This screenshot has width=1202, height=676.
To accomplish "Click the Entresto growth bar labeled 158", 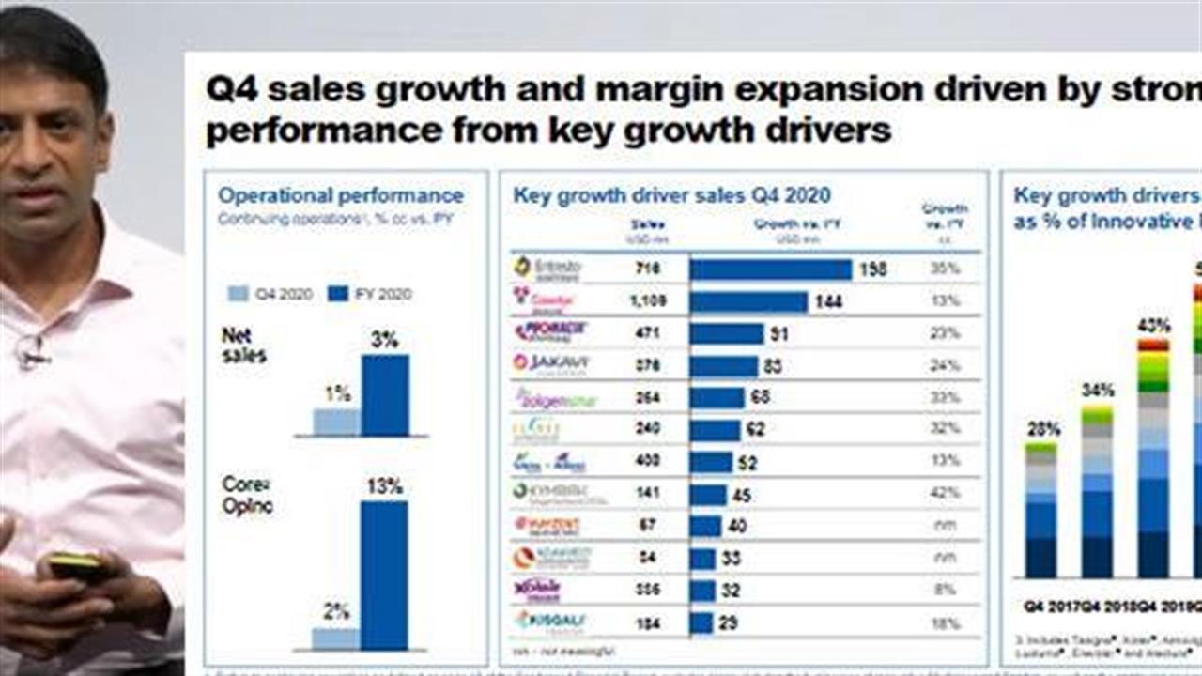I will point(770,269).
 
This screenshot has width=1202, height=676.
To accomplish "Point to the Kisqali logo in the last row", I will point(549,621).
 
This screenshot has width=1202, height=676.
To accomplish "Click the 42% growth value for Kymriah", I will point(946,492).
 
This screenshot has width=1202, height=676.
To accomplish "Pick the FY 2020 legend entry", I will point(370,294).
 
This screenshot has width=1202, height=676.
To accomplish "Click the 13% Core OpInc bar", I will point(384,575).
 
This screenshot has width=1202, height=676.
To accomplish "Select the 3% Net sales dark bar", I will point(385,395).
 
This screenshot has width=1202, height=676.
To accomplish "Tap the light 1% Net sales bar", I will point(336,422).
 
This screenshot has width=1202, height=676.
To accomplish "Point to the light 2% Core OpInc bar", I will point(335,639).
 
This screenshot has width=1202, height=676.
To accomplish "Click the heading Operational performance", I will point(341,195).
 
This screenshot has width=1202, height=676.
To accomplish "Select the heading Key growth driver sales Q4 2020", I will point(671,195).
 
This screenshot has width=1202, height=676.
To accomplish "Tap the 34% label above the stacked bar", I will point(1097,390).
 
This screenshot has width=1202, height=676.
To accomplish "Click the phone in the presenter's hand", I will point(75,565).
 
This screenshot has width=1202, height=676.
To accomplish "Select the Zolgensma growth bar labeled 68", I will point(717,397).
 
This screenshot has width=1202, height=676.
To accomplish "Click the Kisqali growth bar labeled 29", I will point(701,622).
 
